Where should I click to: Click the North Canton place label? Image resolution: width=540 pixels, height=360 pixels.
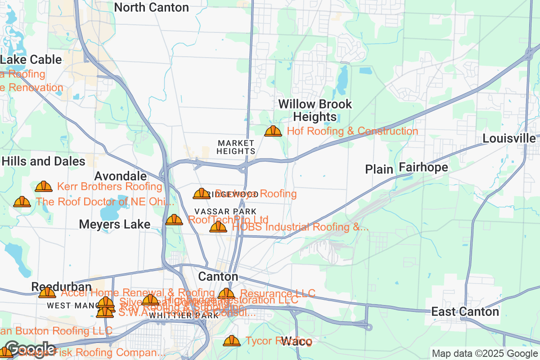click(x=151, y=7)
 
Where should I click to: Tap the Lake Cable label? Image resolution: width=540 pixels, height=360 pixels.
click(x=31, y=59)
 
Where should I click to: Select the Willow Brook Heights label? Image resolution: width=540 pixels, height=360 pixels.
click(x=315, y=111)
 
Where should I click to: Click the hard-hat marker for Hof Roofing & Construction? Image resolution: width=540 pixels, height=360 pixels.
click(x=273, y=131)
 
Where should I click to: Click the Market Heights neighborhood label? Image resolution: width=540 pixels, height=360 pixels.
click(x=236, y=147)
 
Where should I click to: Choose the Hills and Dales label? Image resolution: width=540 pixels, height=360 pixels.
click(x=43, y=161)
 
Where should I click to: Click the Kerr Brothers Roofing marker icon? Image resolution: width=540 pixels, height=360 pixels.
click(x=44, y=186)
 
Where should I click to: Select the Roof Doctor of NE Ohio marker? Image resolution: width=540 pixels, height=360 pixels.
click(x=22, y=202)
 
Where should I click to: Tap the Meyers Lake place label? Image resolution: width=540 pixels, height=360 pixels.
click(x=114, y=224)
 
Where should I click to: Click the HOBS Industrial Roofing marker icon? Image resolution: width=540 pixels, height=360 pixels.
click(x=218, y=227)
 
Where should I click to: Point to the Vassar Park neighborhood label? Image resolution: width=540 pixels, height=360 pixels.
click(x=225, y=211)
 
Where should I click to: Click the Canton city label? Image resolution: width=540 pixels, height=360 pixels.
click(x=218, y=276)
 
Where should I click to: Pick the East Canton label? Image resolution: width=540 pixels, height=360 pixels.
click(x=465, y=311)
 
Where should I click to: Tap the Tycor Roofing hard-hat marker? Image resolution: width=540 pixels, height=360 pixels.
click(x=232, y=341)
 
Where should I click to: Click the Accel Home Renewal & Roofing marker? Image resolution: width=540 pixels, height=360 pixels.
click(x=47, y=293)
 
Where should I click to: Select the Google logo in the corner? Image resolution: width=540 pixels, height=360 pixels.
click(x=30, y=349)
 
